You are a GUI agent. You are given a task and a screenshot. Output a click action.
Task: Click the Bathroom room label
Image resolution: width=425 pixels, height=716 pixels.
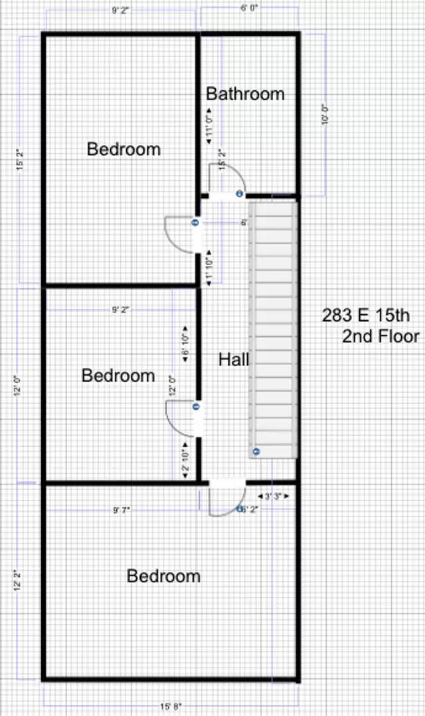245,94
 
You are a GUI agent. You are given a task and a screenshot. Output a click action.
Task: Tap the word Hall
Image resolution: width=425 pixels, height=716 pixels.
234,360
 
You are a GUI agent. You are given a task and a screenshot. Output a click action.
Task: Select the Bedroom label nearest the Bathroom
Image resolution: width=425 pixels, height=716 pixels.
124,149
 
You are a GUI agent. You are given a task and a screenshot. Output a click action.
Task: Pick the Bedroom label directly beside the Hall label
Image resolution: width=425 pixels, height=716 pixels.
118,376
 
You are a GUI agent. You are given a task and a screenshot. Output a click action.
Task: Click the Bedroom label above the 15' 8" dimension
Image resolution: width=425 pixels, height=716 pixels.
163,576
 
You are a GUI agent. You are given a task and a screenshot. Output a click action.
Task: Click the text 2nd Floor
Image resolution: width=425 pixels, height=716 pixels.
381,337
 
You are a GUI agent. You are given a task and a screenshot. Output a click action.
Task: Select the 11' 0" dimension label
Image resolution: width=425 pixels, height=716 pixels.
209,125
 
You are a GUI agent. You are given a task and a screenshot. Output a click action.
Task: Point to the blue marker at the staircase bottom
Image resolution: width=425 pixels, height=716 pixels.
255,451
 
